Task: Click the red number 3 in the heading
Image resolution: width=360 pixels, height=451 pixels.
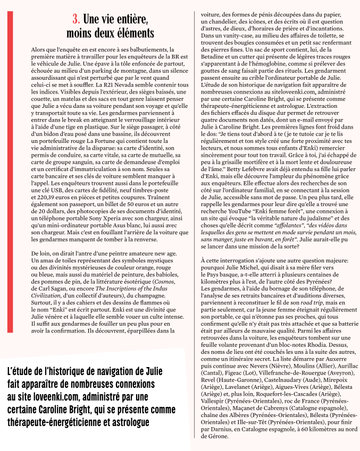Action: point(77,20)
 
